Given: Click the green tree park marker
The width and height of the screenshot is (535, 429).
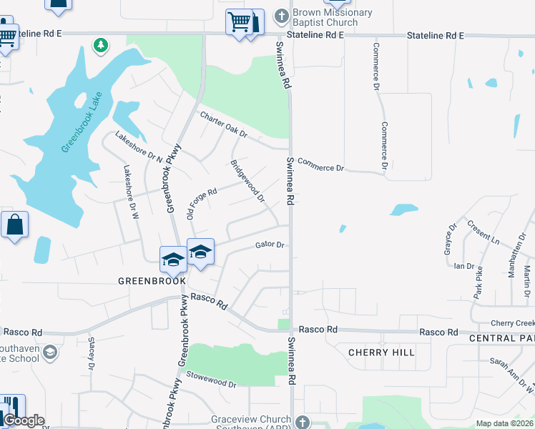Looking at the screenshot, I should [102, 46].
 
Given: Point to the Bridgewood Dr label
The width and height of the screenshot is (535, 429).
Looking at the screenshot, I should [247, 180].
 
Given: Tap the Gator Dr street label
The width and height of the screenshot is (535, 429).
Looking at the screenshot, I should [270, 245].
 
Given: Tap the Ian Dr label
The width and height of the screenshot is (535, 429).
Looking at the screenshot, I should [464, 266].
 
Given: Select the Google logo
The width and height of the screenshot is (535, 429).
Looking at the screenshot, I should [24, 420].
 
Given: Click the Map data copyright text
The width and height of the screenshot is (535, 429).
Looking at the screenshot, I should [505, 423].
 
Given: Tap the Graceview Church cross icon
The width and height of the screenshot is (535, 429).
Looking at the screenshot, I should [303, 423].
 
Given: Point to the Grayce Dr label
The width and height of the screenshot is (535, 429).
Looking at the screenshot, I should [450, 240].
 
